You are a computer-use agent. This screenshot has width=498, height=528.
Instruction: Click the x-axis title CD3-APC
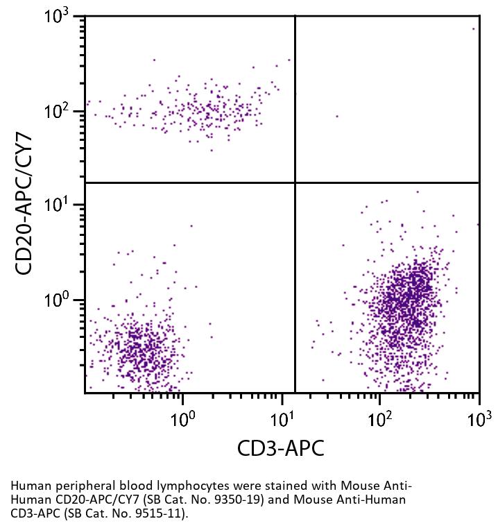point(280,448)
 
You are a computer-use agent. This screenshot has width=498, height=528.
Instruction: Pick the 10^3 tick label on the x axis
point(479,419)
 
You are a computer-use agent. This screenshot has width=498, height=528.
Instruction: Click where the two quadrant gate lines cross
point(295,182)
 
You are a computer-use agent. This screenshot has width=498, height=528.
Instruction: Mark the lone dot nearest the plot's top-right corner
point(474,29)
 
